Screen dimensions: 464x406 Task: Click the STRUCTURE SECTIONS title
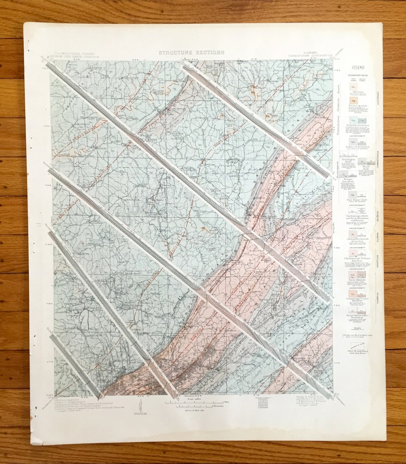(x=191, y=53)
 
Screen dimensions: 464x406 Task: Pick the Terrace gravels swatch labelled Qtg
(x=353, y=101)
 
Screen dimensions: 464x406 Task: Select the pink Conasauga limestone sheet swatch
(x=353, y=293)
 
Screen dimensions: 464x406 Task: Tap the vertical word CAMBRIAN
(x=378, y=301)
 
